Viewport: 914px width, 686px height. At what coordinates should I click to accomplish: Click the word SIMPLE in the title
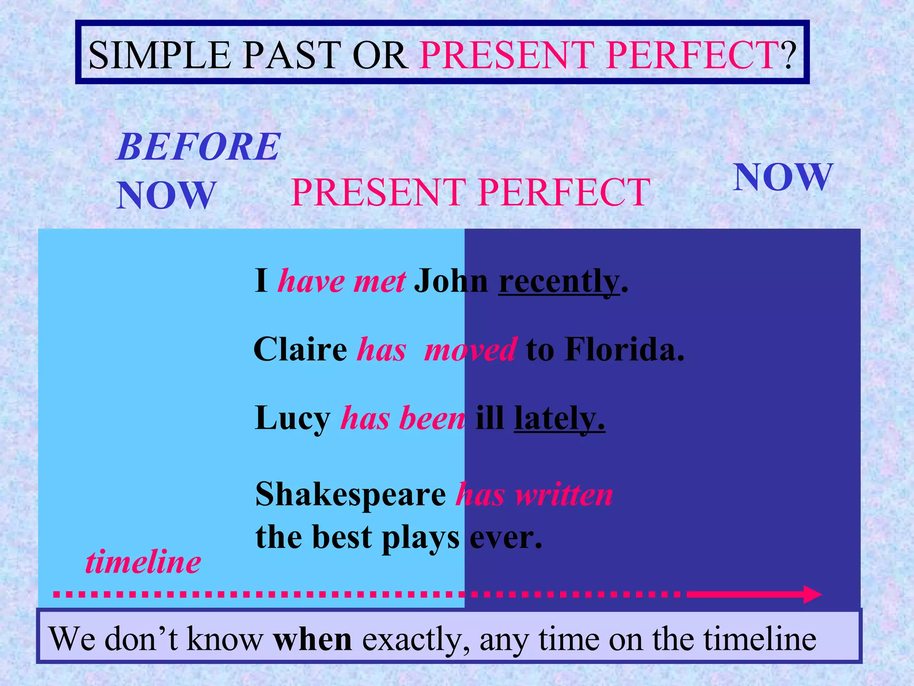[159, 55]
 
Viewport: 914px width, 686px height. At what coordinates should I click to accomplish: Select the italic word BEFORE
[198, 147]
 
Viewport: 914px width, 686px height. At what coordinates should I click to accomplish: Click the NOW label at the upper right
[783, 177]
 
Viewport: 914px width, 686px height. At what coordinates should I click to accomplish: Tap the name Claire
[300, 349]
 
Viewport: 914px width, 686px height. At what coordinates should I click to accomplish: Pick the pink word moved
[471, 349]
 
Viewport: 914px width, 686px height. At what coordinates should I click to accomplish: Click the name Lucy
[292, 418]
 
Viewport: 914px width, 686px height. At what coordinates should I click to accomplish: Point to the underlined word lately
[559, 418]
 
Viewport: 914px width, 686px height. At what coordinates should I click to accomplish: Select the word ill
[490, 418]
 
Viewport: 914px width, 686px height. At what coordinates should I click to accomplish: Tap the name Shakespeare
[350, 495]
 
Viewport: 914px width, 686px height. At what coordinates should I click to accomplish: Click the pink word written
[564, 495]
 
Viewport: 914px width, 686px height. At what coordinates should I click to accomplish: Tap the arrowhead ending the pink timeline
[812, 594]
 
